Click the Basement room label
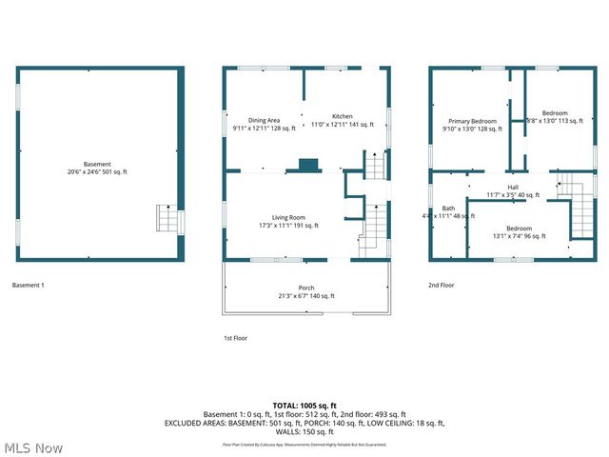(x=97, y=163)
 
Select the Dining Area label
(x=264, y=120)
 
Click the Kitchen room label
(x=342, y=116)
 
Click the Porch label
(x=305, y=288)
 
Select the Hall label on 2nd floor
(x=513, y=187)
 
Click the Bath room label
(x=447, y=208)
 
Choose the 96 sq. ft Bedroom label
(x=519, y=228)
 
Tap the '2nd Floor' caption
(x=441, y=285)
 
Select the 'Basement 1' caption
(x=28, y=285)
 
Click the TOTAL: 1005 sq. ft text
(x=304, y=405)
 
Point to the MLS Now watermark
(x=32, y=447)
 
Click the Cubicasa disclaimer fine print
(x=304, y=444)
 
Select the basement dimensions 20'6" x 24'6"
(x=97, y=171)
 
